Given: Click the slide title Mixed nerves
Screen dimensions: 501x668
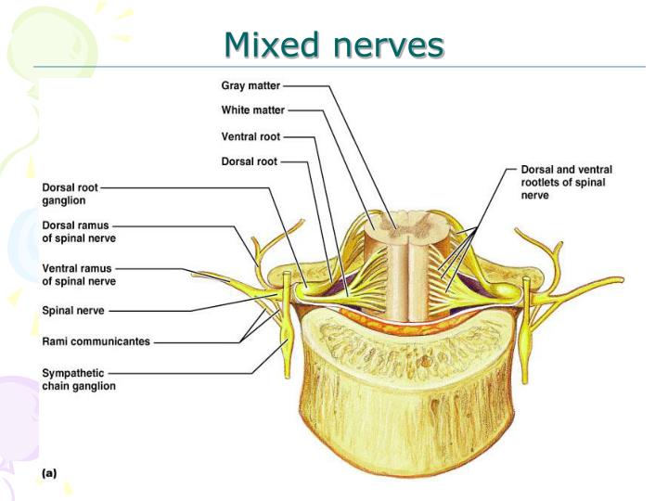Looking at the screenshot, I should tap(334, 43).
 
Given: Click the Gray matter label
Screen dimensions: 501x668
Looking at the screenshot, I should tap(250, 85).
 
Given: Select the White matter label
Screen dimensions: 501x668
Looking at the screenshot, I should tap(253, 110).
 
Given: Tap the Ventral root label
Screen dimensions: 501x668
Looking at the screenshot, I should tap(250, 136).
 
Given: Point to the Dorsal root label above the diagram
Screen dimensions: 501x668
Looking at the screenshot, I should tap(249, 161).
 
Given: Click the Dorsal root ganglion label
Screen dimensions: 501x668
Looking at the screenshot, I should tap(70, 193).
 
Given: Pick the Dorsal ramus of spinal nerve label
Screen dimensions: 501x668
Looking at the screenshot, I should tap(79, 231).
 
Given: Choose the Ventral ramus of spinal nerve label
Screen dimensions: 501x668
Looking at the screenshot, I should tap(79, 276).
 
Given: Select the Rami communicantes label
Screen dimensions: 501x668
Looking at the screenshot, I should tap(96, 341).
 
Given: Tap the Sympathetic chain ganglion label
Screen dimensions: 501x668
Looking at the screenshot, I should tap(79, 379).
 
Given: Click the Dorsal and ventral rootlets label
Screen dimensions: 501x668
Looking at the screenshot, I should tap(566, 183).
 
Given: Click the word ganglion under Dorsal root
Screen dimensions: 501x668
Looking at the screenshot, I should tap(64, 199).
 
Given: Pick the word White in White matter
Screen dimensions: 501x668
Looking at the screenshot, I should tap(237, 110).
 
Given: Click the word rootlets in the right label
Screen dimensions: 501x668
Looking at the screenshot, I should tap(542, 183).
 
